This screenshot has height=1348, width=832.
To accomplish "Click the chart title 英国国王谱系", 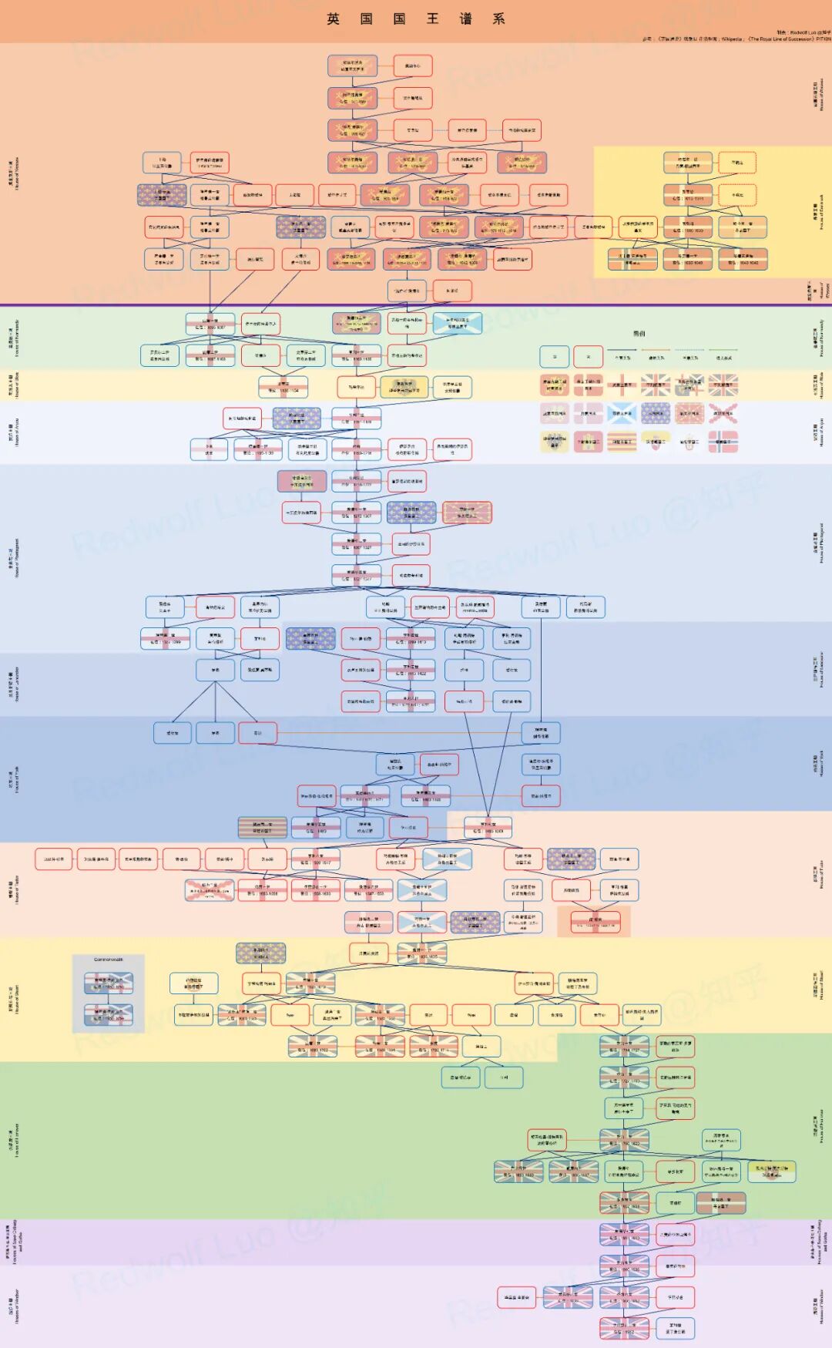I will click(x=416, y=19).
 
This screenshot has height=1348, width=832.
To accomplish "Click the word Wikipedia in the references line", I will click(x=731, y=39).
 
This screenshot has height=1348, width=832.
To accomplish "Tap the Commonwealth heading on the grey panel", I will click(x=109, y=960).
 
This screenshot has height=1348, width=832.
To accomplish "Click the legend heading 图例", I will click(x=639, y=334).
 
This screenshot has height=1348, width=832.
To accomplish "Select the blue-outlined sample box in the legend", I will click(x=554, y=356).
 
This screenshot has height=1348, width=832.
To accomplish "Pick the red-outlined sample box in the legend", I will click(x=589, y=356).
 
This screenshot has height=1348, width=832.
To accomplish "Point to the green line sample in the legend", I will click(x=723, y=350).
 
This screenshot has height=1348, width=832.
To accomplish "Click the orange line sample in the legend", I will click(x=656, y=350).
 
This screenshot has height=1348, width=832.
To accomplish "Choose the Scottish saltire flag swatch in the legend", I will click(x=622, y=414).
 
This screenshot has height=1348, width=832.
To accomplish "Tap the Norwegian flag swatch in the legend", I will click(x=723, y=442).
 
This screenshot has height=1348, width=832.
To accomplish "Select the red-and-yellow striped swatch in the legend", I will click(x=622, y=442).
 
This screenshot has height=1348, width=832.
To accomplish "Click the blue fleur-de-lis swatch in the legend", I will click(x=656, y=414).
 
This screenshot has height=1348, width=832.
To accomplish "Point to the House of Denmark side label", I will click(x=821, y=212).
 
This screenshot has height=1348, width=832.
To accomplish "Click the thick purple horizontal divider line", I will click(x=416, y=305).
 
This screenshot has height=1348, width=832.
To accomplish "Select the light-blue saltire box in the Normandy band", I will click(x=458, y=323).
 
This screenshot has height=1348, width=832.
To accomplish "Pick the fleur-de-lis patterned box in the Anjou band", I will click(x=297, y=419).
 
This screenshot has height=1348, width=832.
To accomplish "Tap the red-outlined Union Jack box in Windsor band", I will click(x=567, y=1298).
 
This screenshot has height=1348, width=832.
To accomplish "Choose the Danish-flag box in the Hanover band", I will click(x=721, y=1203).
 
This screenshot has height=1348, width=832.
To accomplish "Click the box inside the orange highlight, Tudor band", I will click(x=595, y=922).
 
